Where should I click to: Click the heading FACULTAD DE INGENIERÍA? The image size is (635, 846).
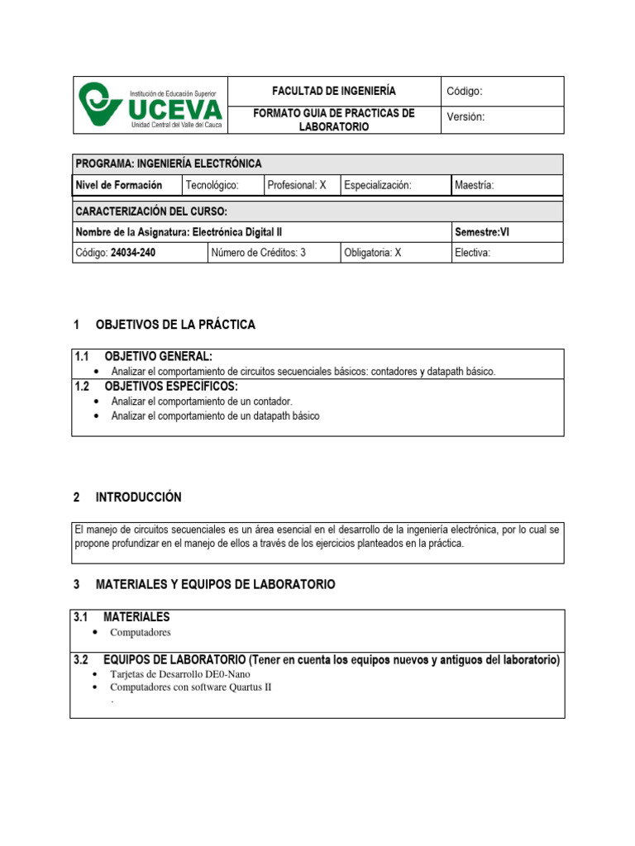pyautogui.click(x=334, y=91)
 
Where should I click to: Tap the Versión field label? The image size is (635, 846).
pyautogui.click(x=466, y=117)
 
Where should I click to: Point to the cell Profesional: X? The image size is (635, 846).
pyautogui.click(x=297, y=186)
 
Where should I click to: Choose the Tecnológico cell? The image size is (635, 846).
pyautogui.click(x=212, y=186)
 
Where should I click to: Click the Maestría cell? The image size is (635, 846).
pyautogui.click(x=475, y=186)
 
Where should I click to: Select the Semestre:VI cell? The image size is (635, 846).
pyautogui.click(x=482, y=232)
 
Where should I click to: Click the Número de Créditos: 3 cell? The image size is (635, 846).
pyautogui.click(x=259, y=254)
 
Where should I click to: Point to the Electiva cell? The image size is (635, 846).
pyautogui.click(x=473, y=254)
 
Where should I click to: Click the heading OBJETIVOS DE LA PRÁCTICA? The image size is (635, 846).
pyautogui.click(x=176, y=325)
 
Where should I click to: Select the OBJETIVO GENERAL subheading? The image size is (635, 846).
pyautogui.click(x=159, y=356)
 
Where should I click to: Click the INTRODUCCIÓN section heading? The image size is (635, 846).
pyautogui.click(x=139, y=497)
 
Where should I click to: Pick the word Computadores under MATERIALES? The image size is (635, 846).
pyautogui.click(x=141, y=632)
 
